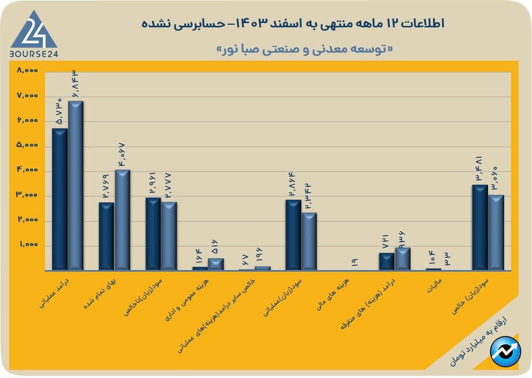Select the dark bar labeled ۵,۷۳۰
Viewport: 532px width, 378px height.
[x=60, y=199]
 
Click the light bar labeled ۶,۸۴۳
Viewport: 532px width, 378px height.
[x=76, y=185]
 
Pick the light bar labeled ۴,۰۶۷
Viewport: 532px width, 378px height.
[x=122, y=220]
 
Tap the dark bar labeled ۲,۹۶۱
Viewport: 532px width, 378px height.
[x=153, y=234]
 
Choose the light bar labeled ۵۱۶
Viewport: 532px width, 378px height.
[x=216, y=264]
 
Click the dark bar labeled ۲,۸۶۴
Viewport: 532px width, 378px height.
[x=293, y=235]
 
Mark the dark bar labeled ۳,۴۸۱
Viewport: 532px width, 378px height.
[x=479, y=227]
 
